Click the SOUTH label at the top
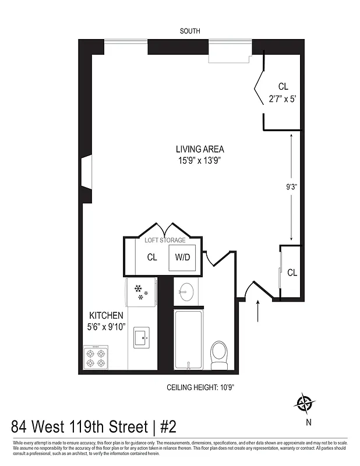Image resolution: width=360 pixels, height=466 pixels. [x=190, y=31]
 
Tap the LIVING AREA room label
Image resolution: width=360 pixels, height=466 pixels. [x=200, y=149]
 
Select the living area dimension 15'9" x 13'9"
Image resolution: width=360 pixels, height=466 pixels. [x=200, y=160]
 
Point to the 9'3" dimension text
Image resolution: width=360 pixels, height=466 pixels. [x=291, y=187]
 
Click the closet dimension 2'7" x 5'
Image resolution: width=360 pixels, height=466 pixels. [x=283, y=99]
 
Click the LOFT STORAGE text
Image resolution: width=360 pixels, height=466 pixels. [x=165, y=240]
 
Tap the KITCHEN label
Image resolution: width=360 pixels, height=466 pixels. [x=106, y=315]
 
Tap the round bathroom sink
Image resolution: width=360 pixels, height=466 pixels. [x=187, y=292]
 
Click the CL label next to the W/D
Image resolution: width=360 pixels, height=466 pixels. [x=152, y=257]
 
